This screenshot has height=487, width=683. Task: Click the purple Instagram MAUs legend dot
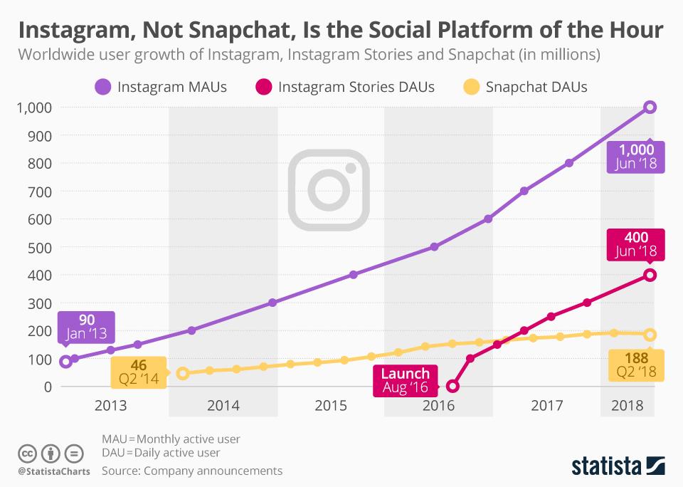pyautogui.click(x=102, y=87)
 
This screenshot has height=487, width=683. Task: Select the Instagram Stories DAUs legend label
pyautogui.click(x=356, y=87)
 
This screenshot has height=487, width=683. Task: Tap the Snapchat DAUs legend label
pyautogui.click(x=536, y=87)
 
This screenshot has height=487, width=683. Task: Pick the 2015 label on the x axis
pyautogui.click(x=331, y=406)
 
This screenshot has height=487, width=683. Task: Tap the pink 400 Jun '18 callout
pyautogui.click(x=637, y=244)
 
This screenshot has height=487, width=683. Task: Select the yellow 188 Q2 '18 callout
pyautogui.click(x=637, y=364)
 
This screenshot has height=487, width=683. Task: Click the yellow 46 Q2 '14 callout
pyautogui.click(x=139, y=372)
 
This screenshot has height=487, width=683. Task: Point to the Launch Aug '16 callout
pyautogui.click(x=405, y=380)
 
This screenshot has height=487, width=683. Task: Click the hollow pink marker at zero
pyautogui.click(x=452, y=387)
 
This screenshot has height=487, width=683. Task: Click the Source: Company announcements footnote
pyautogui.click(x=192, y=471)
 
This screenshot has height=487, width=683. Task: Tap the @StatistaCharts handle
pyautogui.click(x=52, y=471)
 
